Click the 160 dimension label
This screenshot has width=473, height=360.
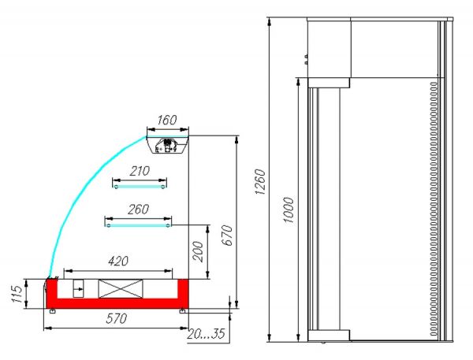coord(166,120)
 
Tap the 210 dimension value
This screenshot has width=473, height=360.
coord(140,171)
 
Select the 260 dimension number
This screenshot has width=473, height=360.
coord(138,210)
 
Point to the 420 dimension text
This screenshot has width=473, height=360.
coord(118,261)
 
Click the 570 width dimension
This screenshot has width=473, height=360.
coord(116,319)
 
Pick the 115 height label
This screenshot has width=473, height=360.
coord(17,294)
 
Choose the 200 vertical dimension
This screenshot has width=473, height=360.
coord(198,251)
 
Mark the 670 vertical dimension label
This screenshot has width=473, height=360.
coord(228,236)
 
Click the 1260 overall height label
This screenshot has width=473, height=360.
coord(260,181)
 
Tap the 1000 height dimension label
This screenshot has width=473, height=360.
coord(288,210)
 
